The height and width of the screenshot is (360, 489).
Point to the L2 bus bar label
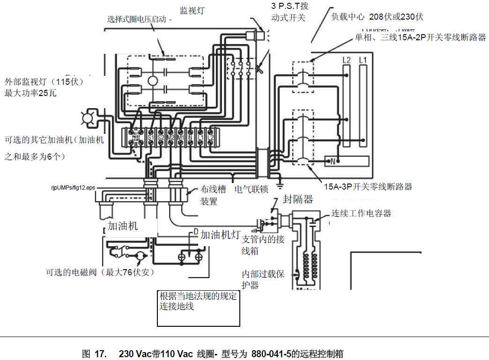click(347, 60)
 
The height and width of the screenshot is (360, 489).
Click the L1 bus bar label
click(363, 60)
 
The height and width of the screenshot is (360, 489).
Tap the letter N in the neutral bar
click(333, 162)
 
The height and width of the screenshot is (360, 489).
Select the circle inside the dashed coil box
click(152, 81)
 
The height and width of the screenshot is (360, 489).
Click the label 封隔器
click(298, 199)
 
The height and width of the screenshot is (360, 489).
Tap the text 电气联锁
click(251, 190)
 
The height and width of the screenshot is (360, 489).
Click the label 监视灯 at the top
click(192, 10)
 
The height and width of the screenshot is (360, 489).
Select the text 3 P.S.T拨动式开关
click(289, 12)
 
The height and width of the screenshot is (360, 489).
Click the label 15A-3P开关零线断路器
click(368, 186)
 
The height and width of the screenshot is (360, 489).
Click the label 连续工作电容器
click(361, 213)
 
